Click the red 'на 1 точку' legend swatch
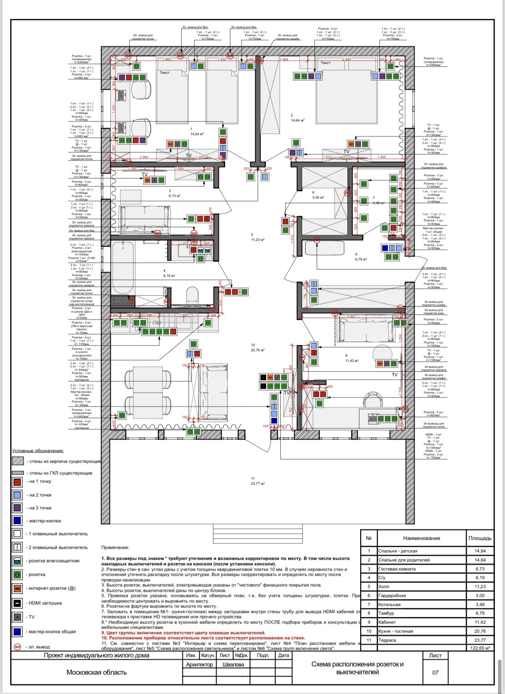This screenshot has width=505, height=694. pos(17,481)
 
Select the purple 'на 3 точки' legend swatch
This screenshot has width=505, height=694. pos(17,508)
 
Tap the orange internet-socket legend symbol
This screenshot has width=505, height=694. pos(17,588)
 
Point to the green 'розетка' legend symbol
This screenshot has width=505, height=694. pos(17,575)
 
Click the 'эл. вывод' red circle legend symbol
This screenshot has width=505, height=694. pos(17,647)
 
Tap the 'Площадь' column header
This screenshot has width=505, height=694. pos(480,538)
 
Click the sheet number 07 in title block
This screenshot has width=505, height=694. pos(435,672)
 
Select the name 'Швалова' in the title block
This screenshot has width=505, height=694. pos(233,664)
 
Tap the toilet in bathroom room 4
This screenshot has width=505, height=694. pos(192,296)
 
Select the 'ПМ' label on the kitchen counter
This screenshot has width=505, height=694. pos(157,323)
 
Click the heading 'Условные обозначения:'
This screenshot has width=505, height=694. pos(38,451)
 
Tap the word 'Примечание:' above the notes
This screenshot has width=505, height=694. pos(115,548)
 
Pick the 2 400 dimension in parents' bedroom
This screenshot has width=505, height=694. pos(346,59)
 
